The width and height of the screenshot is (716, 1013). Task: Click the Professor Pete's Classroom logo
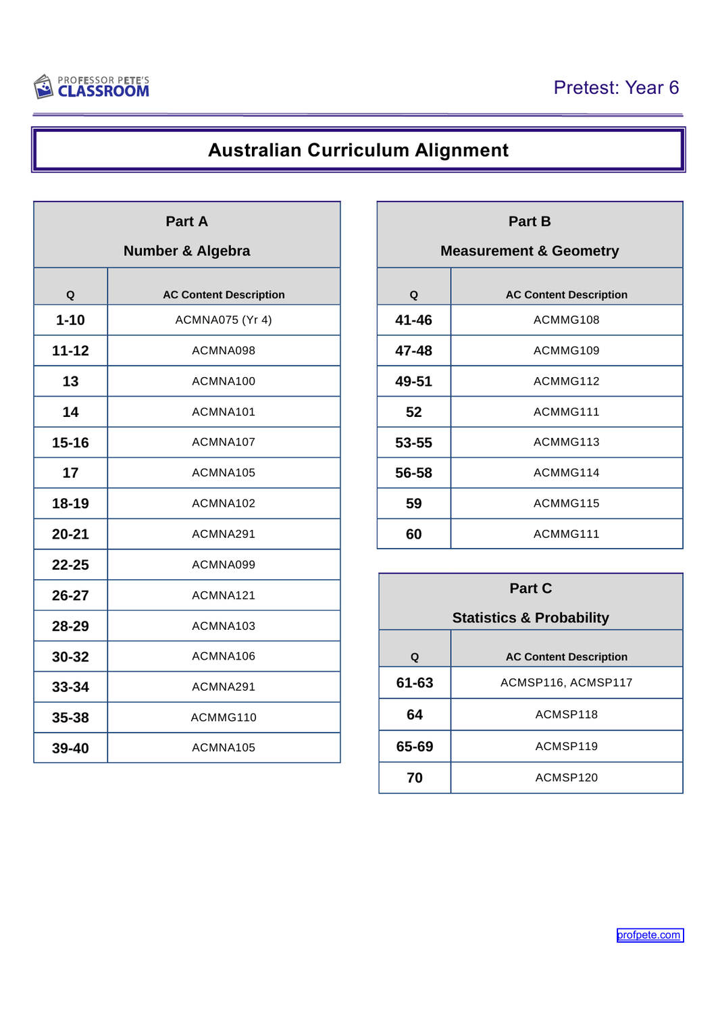pos(92,87)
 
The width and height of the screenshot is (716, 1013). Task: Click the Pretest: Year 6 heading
pos(615,88)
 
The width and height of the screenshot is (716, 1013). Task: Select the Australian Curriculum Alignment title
pos(358,150)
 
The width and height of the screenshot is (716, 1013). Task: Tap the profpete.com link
pos(649,935)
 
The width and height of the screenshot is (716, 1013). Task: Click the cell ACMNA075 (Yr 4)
pos(224,320)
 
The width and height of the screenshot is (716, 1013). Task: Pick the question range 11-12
pos(70,351)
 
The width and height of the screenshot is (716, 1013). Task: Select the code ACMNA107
pos(224,442)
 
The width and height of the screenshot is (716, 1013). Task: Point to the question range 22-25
pos(70,565)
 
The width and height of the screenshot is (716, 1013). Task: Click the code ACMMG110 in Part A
pos(224,717)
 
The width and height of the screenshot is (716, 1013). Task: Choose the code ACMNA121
pos(224,595)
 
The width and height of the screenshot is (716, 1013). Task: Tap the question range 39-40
pos(70,748)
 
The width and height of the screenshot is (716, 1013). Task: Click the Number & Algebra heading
pos(186,251)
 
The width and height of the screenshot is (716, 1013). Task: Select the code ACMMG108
pos(566,320)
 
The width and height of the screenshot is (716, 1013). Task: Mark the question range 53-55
pos(413,443)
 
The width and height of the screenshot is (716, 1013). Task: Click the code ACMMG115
pos(566,503)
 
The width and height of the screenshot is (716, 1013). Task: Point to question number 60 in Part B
pos(413,534)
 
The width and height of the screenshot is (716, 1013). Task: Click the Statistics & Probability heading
pos(530,618)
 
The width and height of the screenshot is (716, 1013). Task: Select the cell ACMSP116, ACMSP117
pos(566,683)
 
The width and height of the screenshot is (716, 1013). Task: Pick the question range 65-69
pos(415,747)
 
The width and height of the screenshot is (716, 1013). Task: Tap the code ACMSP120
pos(566,778)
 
